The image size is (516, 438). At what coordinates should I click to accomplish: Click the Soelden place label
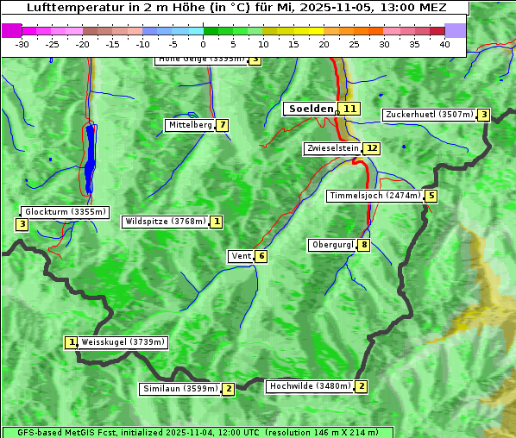point(310,109)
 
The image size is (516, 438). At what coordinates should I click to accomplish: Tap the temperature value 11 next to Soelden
point(349,109)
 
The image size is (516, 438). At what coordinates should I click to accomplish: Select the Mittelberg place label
point(190,125)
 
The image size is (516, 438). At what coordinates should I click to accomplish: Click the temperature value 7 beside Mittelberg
point(223,125)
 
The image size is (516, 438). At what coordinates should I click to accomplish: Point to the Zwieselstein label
point(332,148)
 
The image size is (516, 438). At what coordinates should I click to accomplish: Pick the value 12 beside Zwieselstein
point(371,148)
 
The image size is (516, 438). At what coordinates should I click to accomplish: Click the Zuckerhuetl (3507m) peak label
point(430,115)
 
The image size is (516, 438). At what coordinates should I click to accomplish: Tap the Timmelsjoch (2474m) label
point(375,196)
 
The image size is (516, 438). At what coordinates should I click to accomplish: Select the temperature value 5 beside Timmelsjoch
point(431,196)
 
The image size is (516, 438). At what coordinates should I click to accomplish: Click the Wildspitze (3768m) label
point(166,222)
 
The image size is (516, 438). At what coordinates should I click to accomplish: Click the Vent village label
point(241,256)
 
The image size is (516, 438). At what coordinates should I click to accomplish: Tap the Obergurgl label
point(332,245)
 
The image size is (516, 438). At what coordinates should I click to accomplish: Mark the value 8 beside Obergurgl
point(364,245)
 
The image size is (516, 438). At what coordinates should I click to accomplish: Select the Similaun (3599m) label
point(180,389)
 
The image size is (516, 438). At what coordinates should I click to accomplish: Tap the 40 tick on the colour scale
point(444,44)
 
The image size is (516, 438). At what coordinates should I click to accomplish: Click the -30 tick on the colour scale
point(22,44)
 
